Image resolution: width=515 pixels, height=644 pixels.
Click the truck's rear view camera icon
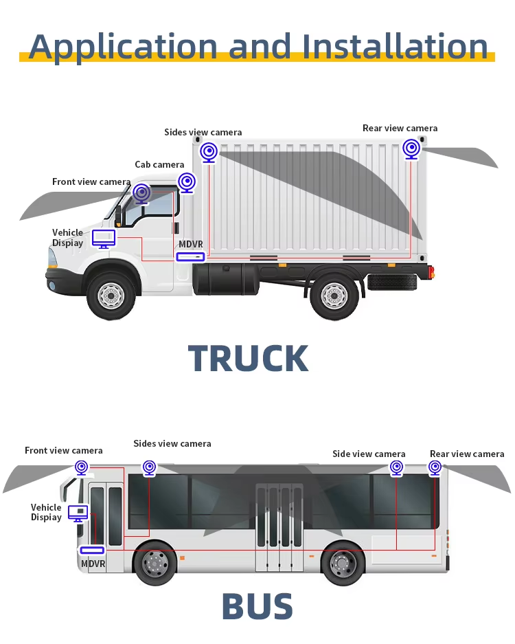pos(411,148)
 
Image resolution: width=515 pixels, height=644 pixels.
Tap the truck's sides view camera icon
pos(209,152)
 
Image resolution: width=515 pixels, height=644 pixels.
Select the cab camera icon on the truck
pos(187,182)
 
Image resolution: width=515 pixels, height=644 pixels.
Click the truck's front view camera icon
pos(142,193)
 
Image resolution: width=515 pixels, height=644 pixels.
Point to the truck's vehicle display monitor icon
pos(104,238)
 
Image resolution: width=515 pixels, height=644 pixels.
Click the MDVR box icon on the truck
pos(190,257)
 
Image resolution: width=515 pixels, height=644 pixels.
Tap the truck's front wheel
pos(111,296)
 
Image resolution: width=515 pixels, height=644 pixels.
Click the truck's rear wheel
pos(334,296)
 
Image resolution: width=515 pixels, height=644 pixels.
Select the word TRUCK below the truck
pos(249,358)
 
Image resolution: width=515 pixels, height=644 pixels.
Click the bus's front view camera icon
pos(82,467)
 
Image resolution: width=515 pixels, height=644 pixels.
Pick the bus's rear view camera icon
pos(435,467)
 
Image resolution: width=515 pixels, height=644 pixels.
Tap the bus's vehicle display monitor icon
pos(78,513)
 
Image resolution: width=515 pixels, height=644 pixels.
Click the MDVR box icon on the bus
pos(92,551)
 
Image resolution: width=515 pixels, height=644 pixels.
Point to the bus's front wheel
pos(155,563)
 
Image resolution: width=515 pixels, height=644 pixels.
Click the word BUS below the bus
pos(257,606)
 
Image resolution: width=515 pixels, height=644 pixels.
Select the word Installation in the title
pos(395,46)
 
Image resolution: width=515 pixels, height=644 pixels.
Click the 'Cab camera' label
pos(159,165)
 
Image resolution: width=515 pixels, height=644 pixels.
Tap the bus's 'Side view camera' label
pos(369,454)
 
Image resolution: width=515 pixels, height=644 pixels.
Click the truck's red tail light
pos(431,272)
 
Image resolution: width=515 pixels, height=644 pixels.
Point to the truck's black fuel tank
pos(226,279)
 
